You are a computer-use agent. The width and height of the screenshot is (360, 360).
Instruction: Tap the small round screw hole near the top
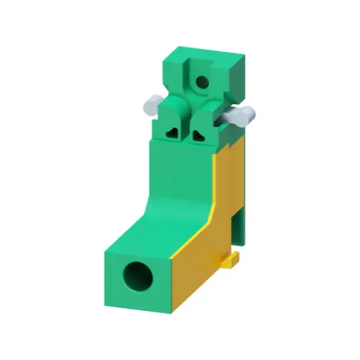pyautogui.click(x=202, y=82)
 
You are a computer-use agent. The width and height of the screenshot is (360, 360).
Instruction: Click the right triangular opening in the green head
pyautogui.click(x=199, y=135)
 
